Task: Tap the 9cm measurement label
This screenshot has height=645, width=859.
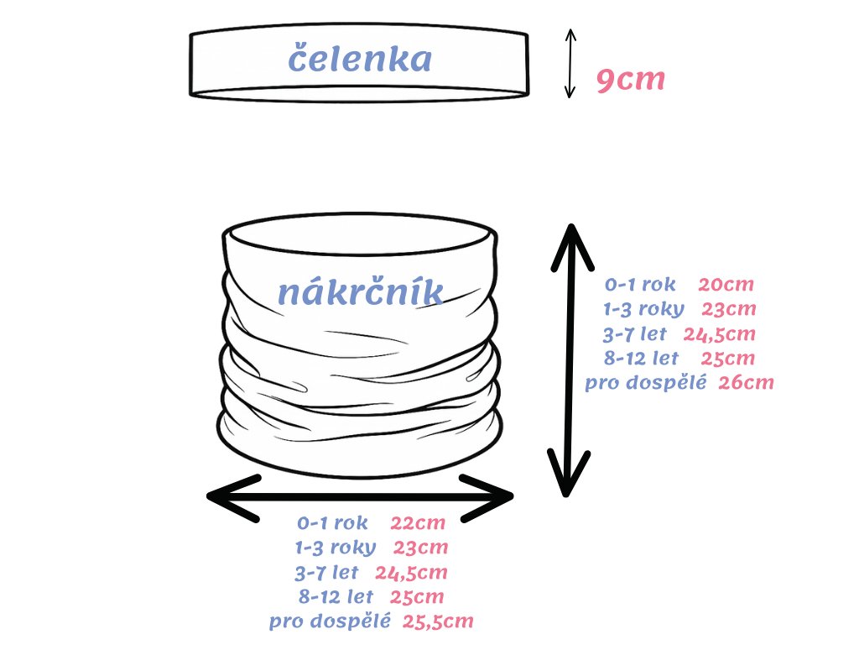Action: point(630,80)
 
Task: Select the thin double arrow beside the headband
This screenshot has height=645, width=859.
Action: point(570,63)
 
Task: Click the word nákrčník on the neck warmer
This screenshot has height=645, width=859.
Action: point(360,291)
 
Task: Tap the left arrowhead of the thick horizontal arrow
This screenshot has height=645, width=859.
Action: point(226,497)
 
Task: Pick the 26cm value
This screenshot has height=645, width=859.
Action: point(746,383)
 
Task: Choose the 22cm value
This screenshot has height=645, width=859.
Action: point(418,523)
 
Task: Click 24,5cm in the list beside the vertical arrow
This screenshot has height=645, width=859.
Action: point(719,334)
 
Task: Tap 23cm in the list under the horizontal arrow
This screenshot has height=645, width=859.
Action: point(421,548)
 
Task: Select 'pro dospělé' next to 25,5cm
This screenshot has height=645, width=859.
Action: point(330,622)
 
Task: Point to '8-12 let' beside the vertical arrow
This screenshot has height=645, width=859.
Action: point(641,359)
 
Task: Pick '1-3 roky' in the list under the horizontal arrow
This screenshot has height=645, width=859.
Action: point(336,548)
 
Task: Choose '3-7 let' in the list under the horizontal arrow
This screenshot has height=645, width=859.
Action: point(326,573)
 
